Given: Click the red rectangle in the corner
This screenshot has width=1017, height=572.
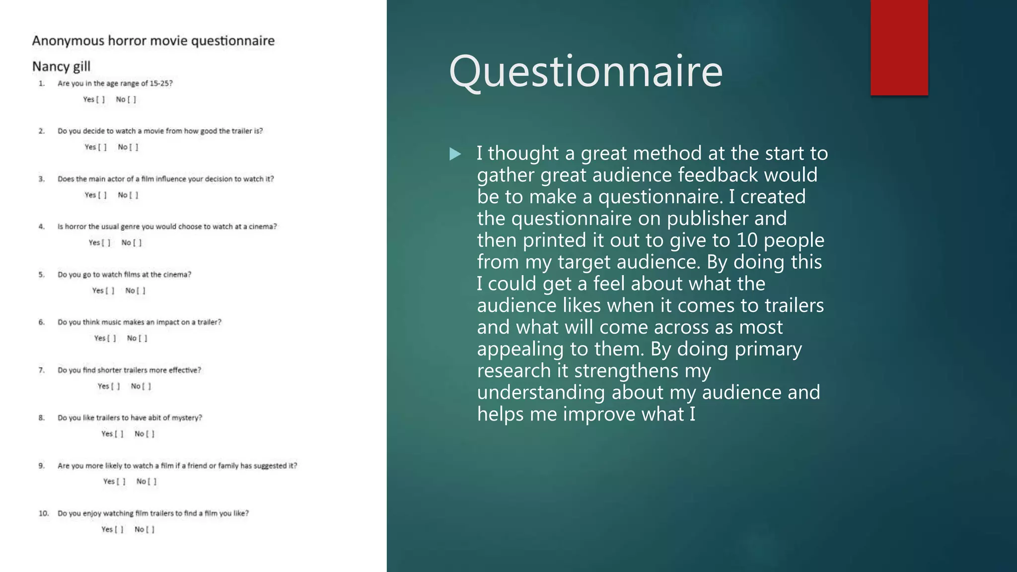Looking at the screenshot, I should [899, 47].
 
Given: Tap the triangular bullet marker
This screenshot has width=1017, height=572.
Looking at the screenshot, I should [455, 154].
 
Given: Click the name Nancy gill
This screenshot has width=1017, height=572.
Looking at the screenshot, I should [61, 67].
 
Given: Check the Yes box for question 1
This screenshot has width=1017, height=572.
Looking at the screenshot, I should [100, 99].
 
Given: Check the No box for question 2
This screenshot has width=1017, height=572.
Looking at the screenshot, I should [134, 147].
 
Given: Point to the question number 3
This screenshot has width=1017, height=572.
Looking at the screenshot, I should [42, 179].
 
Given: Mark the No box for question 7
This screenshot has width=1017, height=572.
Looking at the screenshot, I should [146, 386].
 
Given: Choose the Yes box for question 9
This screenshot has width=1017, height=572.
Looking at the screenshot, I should [121, 482].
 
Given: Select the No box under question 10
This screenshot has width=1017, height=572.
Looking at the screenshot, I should [150, 529].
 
